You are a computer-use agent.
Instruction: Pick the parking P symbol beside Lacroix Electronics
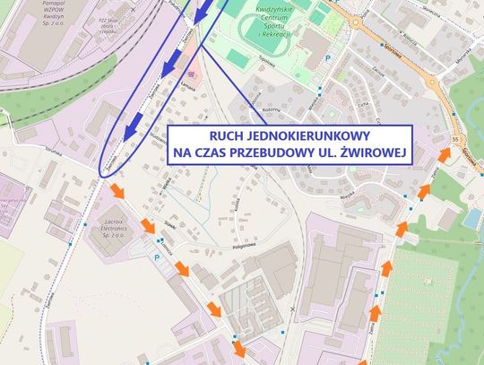[158, 257]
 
